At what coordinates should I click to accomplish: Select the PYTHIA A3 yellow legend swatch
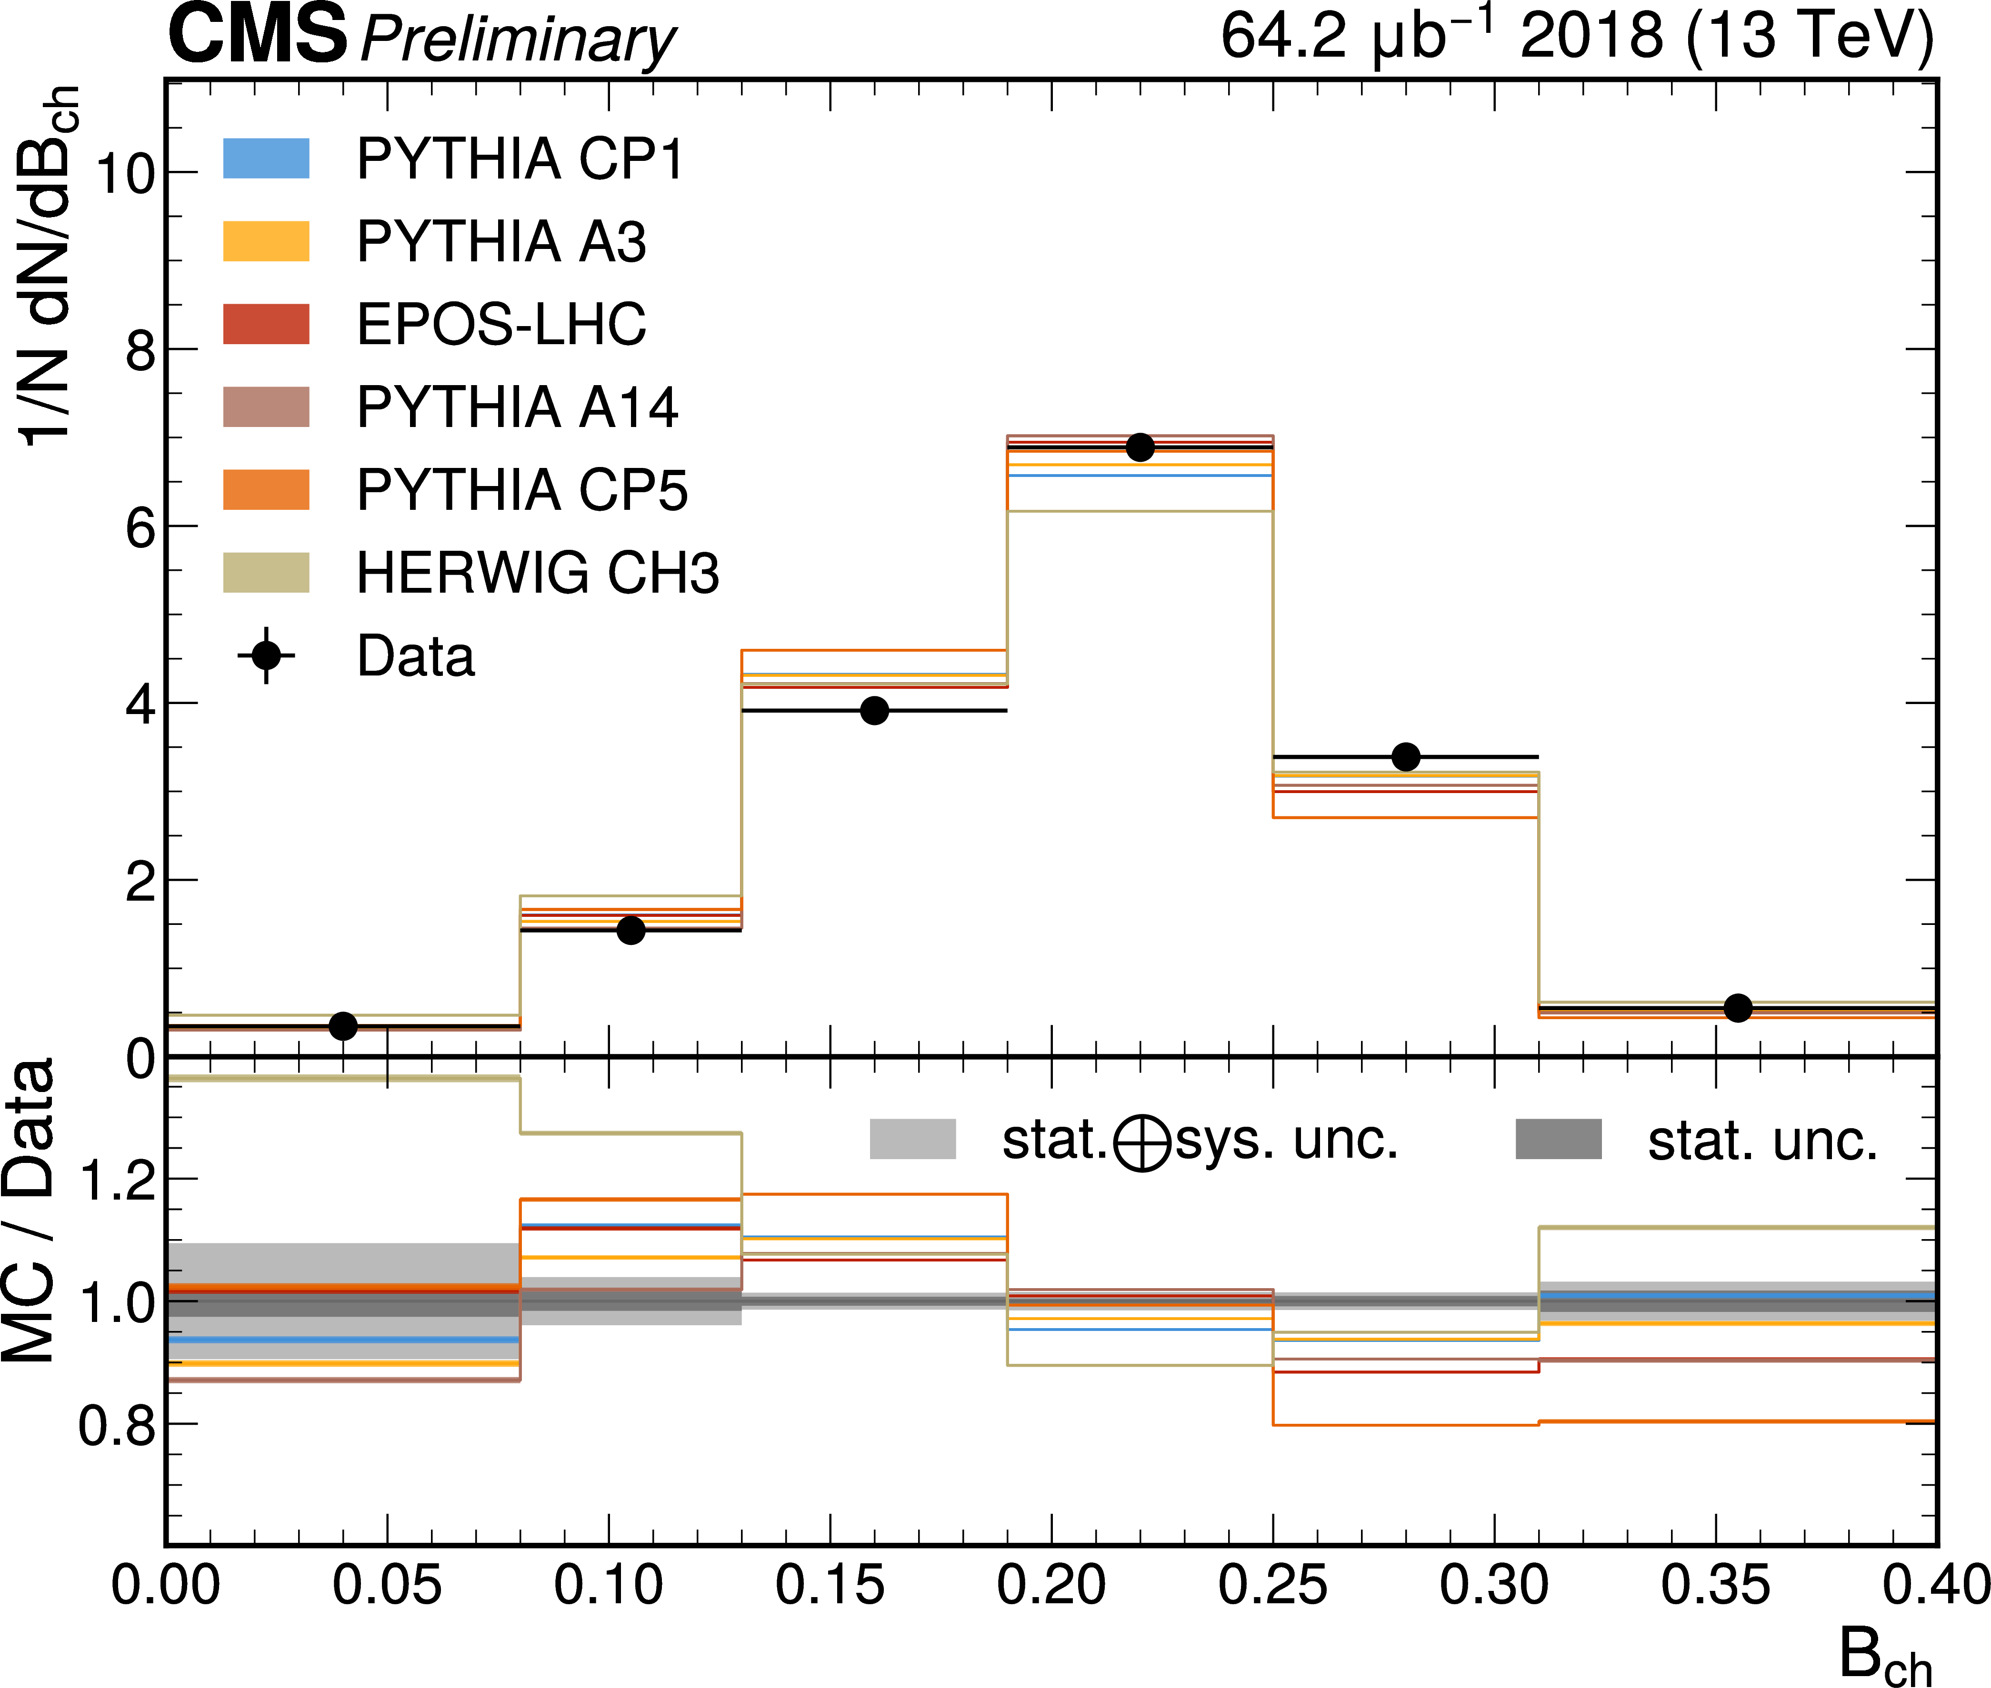click(x=266, y=241)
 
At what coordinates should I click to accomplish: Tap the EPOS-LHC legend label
click(x=500, y=324)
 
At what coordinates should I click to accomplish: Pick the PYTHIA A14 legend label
click(x=517, y=407)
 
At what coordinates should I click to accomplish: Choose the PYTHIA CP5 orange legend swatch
click(x=266, y=490)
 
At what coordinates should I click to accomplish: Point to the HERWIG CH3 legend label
click(x=537, y=573)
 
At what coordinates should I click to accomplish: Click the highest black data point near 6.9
click(x=1139, y=447)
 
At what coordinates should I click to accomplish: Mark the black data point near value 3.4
click(x=1405, y=757)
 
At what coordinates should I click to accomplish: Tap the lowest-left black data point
click(x=343, y=1026)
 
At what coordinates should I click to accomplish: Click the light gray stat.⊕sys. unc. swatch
click(x=912, y=1139)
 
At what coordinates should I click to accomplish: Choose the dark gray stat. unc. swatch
click(x=1558, y=1139)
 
